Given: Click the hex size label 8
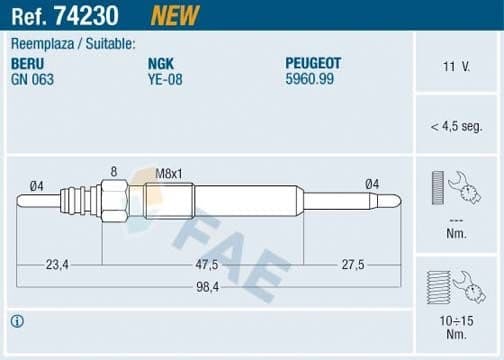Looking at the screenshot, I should [113, 171].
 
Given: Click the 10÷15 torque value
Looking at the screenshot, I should [456, 321].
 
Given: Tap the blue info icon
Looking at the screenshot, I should [17, 321].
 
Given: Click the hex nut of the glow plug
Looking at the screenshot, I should [113, 200].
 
